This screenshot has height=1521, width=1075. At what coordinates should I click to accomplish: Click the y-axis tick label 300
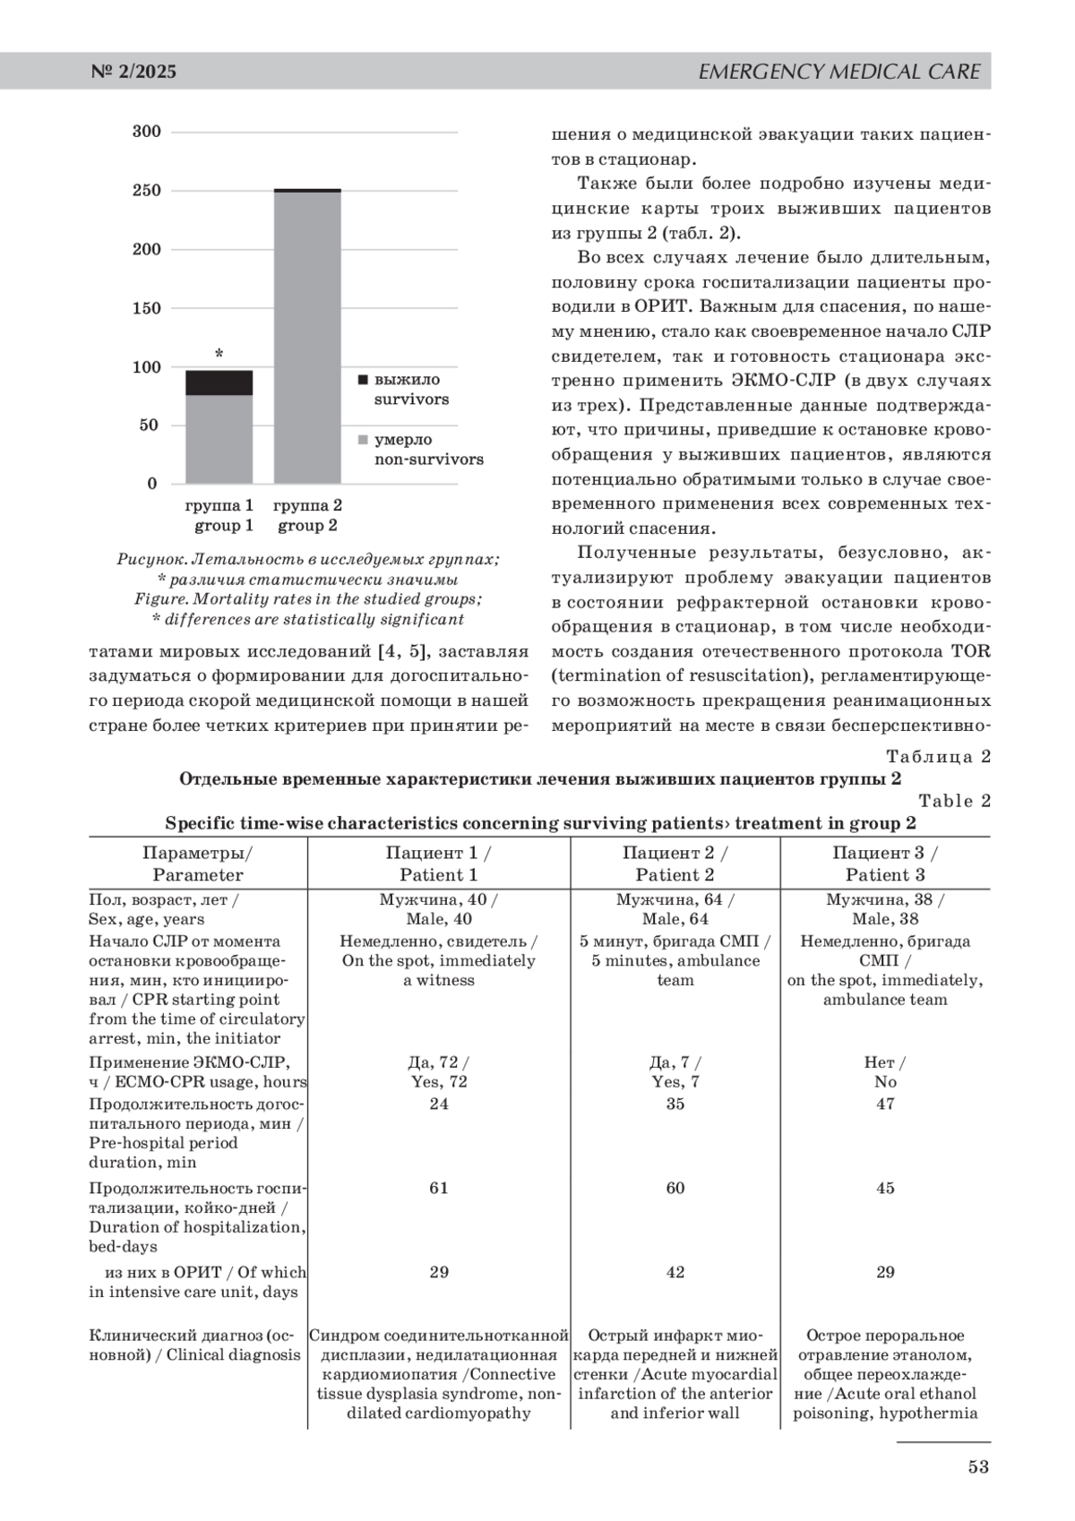(x=147, y=132)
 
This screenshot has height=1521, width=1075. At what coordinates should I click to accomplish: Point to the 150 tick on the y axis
(x=147, y=308)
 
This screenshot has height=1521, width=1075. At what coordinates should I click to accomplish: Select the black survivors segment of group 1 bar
(x=219, y=382)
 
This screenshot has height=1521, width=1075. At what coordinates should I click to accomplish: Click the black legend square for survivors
(x=363, y=380)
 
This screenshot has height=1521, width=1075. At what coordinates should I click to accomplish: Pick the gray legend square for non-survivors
(x=363, y=440)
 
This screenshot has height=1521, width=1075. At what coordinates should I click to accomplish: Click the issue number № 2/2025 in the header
(x=133, y=72)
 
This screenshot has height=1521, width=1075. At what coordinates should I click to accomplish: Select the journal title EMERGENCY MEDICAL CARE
(x=838, y=72)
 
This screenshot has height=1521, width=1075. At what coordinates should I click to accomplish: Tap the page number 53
(x=978, y=1466)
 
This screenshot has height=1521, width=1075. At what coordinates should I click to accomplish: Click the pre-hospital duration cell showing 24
(x=439, y=1104)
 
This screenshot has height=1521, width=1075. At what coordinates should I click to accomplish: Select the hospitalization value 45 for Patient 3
(x=885, y=1188)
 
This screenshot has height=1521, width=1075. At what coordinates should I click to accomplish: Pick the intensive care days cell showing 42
(x=675, y=1272)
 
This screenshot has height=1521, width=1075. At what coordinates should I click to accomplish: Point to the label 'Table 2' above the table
(x=955, y=801)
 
